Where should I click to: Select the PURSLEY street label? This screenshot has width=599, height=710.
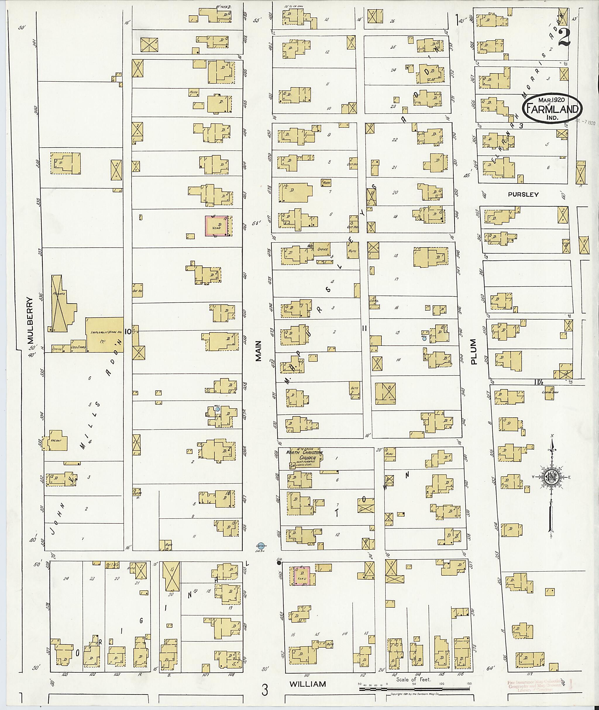click(523, 195)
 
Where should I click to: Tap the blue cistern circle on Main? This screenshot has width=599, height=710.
click(261, 545)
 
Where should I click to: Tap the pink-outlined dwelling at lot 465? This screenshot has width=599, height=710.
click(302, 576)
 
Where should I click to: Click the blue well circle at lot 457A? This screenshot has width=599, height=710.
click(217, 409)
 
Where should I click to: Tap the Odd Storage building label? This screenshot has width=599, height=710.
click(78, 348)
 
